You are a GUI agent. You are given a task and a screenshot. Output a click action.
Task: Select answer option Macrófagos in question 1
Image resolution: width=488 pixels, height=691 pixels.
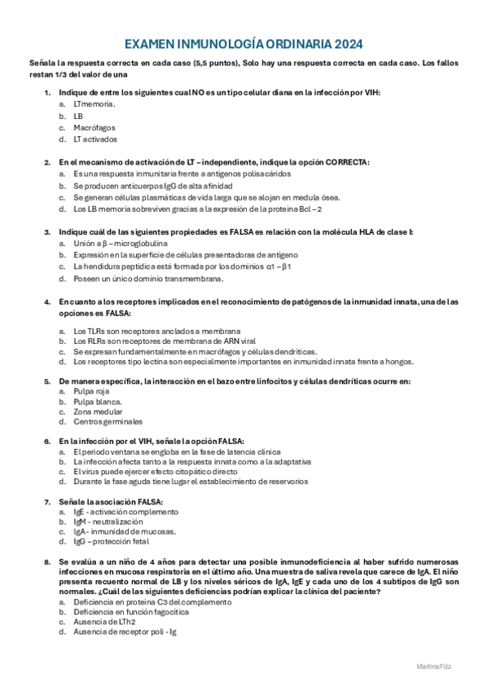coord(94,128)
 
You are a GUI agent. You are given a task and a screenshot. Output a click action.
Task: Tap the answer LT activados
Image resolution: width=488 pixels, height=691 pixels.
coord(95,139)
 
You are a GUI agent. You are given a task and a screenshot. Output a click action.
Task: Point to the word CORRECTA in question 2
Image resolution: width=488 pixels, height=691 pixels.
coord(347,162)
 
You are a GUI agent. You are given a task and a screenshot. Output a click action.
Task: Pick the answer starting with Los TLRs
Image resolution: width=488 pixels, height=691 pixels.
coord(156,331)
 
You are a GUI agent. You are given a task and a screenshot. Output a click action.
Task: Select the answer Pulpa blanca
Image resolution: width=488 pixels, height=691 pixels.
coord(97,402)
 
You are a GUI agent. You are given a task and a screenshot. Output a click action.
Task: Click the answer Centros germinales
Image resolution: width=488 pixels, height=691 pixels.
coord(108,421)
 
